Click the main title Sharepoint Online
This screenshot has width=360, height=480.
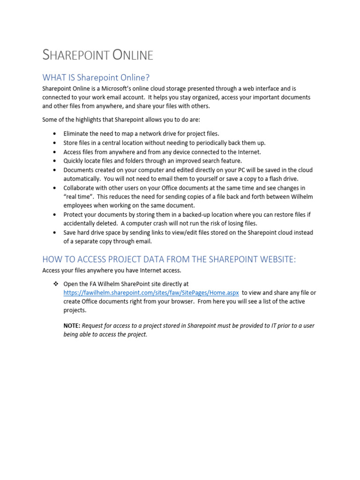pos(97,55)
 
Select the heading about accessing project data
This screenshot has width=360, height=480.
pos(169,259)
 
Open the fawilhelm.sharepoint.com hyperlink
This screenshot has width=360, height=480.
pos(151,292)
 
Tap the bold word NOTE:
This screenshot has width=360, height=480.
pos(72,326)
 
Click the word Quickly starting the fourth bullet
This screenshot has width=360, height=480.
pos(74,161)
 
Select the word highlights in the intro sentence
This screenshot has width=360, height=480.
pos(88,120)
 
